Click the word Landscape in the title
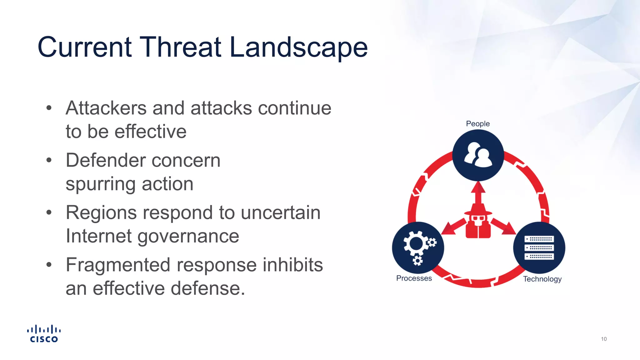pyautogui.click(x=298, y=47)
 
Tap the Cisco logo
pyautogui.click(x=44, y=334)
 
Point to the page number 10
pyautogui.click(x=603, y=339)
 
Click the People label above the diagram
pyautogui.click(x=477, y=124)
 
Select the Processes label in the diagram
pyautogui.click(x=414, y=278)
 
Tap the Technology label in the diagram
pyautogui.click(x=542, y=279)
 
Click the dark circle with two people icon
pyautogui.click(x=478, y=155)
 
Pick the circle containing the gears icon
pyautogui.click(x=418, y=247)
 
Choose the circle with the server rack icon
pyautogui.click(x=539, y=247)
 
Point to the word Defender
pyautogui.click(x=106, y=161)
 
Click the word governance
pyautogui.click(x=188, y=236)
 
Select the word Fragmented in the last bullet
pyautogui.click(x=118, y=265)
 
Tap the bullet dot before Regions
pyautogui.click(x=49, y=213)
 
